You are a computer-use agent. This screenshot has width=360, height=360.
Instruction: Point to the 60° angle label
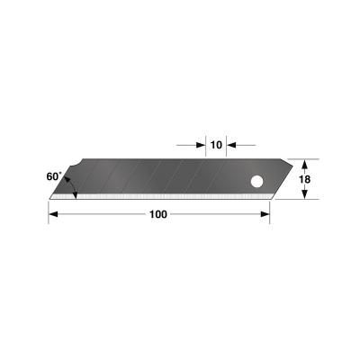[53, 177]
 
